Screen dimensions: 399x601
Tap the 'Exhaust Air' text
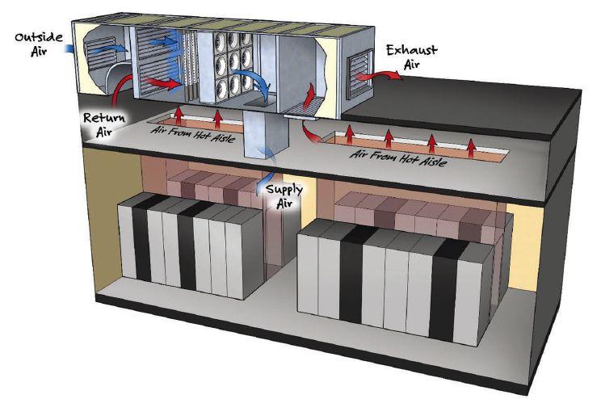pos(411,56)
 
